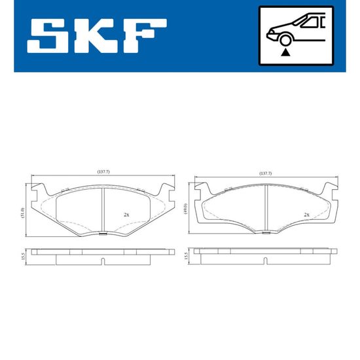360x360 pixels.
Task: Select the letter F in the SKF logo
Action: (x=144, y=36)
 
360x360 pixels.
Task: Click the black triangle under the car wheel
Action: (x=285, y=52)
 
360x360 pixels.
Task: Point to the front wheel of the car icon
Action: (x=285, y=41)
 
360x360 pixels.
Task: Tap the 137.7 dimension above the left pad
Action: (x=103, y=171)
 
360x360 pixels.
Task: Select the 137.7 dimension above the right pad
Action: (x=265, y=173)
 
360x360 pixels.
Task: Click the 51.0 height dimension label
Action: (x=22, y=213)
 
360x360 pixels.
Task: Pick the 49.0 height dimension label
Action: (x=185, y=209)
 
